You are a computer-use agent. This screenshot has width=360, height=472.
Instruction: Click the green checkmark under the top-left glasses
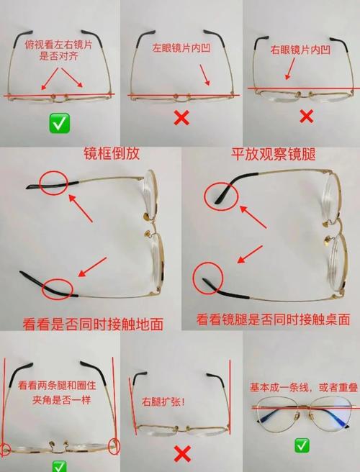point(60,123)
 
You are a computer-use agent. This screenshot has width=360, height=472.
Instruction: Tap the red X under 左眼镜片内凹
point(182,117)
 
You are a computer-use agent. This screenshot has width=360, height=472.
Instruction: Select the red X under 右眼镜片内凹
point(307,116)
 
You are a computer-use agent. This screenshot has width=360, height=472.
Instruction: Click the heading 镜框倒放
point(112,153)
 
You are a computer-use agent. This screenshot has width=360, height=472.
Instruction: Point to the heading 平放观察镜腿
point(273,154)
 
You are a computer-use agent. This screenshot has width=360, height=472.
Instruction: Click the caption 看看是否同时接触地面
point(93,324)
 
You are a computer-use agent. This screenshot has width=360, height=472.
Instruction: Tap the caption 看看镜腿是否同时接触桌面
point(273,319)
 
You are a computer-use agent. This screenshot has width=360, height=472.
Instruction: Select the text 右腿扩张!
point(163,401)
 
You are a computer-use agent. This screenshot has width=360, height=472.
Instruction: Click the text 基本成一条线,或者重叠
point(305,387)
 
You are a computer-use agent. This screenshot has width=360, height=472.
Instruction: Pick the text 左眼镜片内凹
point(181,48)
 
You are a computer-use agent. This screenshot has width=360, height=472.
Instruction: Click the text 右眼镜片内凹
point(300,50)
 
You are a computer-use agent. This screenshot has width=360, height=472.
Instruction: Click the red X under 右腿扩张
point(182,454)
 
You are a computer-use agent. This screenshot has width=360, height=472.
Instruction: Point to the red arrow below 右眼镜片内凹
point(290,68)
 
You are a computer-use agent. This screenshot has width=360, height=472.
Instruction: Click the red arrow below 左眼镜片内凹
point(204,75)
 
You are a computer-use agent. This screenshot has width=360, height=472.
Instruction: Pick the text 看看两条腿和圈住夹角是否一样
point(57,393)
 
